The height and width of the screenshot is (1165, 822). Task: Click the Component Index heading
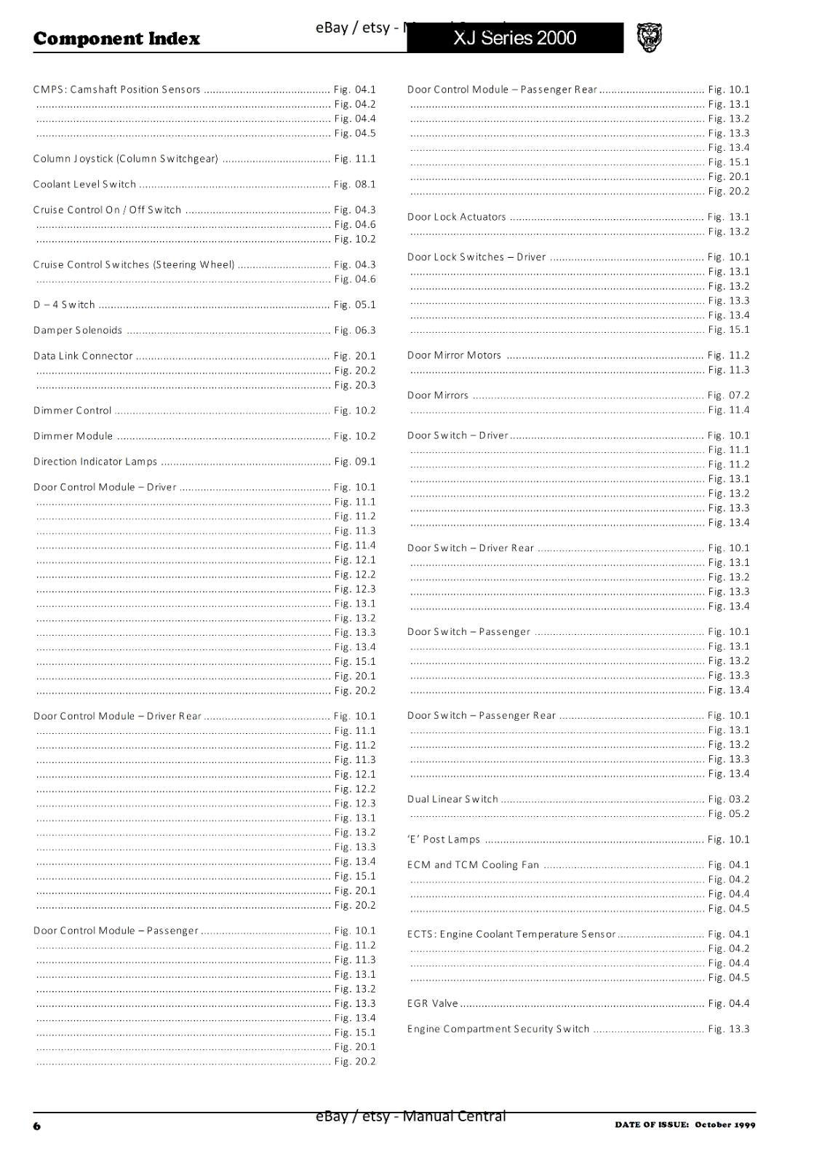coord(116,39)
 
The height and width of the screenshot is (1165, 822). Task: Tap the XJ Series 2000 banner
coord(514,38)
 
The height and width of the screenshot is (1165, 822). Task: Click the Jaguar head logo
coord(649,38)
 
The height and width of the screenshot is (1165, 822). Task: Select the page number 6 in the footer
coord(37,1126)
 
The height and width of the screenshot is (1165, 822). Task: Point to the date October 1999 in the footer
coord(725,1124)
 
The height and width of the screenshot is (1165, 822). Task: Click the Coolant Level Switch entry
coord(84,184)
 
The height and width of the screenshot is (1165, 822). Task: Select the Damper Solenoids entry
coord(78,331)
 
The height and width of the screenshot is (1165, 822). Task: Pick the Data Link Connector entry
coord(83,356)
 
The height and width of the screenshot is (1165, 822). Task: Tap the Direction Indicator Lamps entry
coord(95,462)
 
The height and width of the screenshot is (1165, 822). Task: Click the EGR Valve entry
coord(433,1003)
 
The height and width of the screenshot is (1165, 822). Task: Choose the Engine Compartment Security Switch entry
coord(498,1029)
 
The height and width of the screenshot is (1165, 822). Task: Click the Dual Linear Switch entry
coord(452,799)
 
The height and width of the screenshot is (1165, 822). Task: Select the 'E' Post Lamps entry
coord(444,840)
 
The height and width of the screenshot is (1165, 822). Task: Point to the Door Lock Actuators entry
coord(456,217)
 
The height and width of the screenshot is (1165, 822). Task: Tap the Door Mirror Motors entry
coord(454,355)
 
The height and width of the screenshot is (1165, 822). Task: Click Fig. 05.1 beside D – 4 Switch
coord(355,305)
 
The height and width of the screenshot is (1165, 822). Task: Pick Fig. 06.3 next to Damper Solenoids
coord(355,331)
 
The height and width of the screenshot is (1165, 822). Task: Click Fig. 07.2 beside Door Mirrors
coord(728,395)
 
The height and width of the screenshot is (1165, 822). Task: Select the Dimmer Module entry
coord(73,436)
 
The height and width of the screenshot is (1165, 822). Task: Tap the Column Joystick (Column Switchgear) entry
coord(126,159)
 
